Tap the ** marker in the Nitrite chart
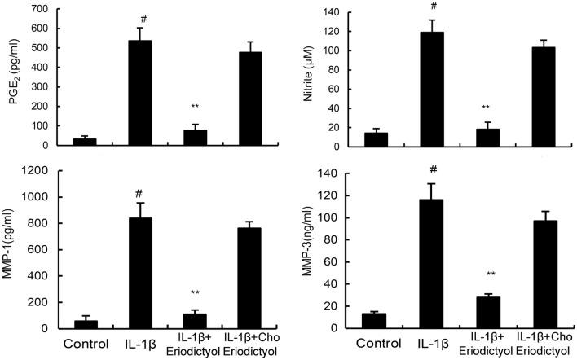click(x=487, y=108)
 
